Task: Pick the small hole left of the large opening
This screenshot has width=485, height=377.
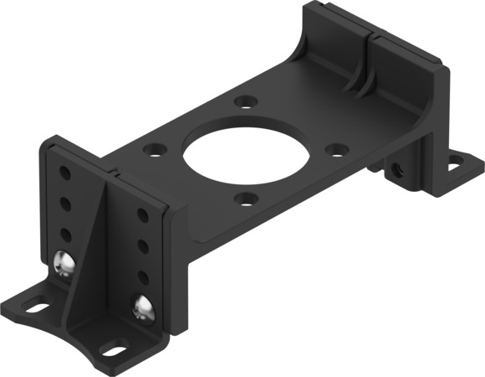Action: point(153,152)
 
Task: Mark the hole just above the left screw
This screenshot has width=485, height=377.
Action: point(64,234)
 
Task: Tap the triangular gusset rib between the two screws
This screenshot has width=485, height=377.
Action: point(99,251)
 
